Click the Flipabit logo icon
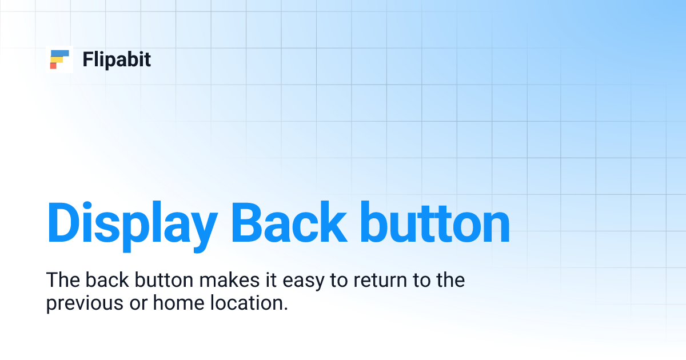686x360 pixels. point(59,59)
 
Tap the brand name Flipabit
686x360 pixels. point(117,59)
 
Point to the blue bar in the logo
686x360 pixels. point(60,53)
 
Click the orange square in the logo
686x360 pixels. point(53,66)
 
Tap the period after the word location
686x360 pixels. point(284,309)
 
